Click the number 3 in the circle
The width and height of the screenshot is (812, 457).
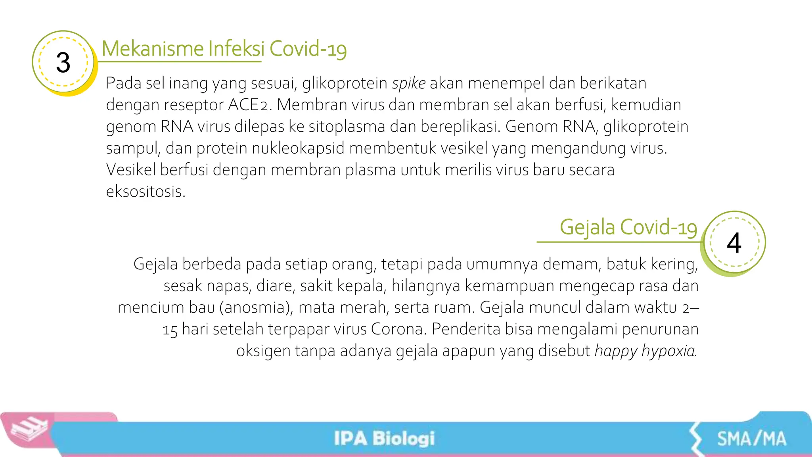tap(63, 63)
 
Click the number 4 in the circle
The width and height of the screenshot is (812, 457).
tap(734, 243)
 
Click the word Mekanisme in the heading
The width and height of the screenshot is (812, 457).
tap(153, 49)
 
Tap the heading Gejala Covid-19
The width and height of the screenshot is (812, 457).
tap(628, 228)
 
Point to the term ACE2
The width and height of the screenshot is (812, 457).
tap(248, 105)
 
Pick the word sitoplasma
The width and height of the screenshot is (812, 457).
tap(347, 127)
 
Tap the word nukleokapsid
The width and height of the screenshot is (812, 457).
tap(298, 148)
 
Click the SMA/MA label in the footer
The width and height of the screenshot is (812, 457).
tap(751, 439)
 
